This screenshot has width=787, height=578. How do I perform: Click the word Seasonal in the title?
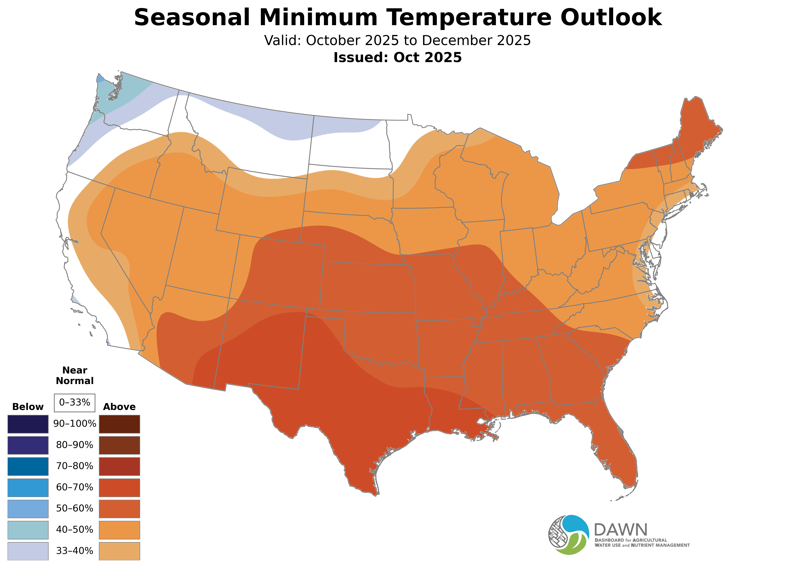coord(192,17)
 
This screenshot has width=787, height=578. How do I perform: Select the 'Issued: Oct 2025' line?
coord(397,57)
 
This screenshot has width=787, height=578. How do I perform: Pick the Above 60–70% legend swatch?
coord(119,487)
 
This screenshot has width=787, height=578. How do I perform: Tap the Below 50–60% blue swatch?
coord(28,508)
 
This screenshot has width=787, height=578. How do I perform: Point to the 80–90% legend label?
coord(75,445)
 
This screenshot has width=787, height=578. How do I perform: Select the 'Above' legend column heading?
coord(119,407)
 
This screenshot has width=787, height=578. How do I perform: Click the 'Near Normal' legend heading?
coord(75,375)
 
